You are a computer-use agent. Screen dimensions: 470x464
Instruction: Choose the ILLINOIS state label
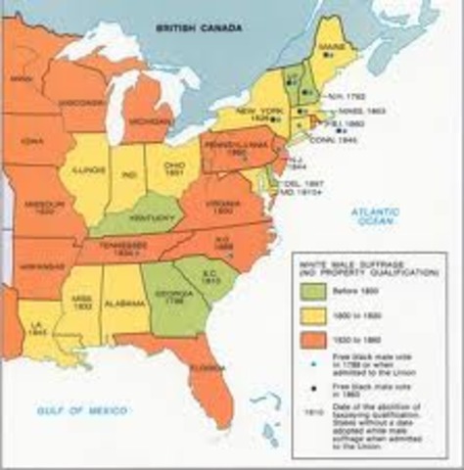(91, 172)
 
